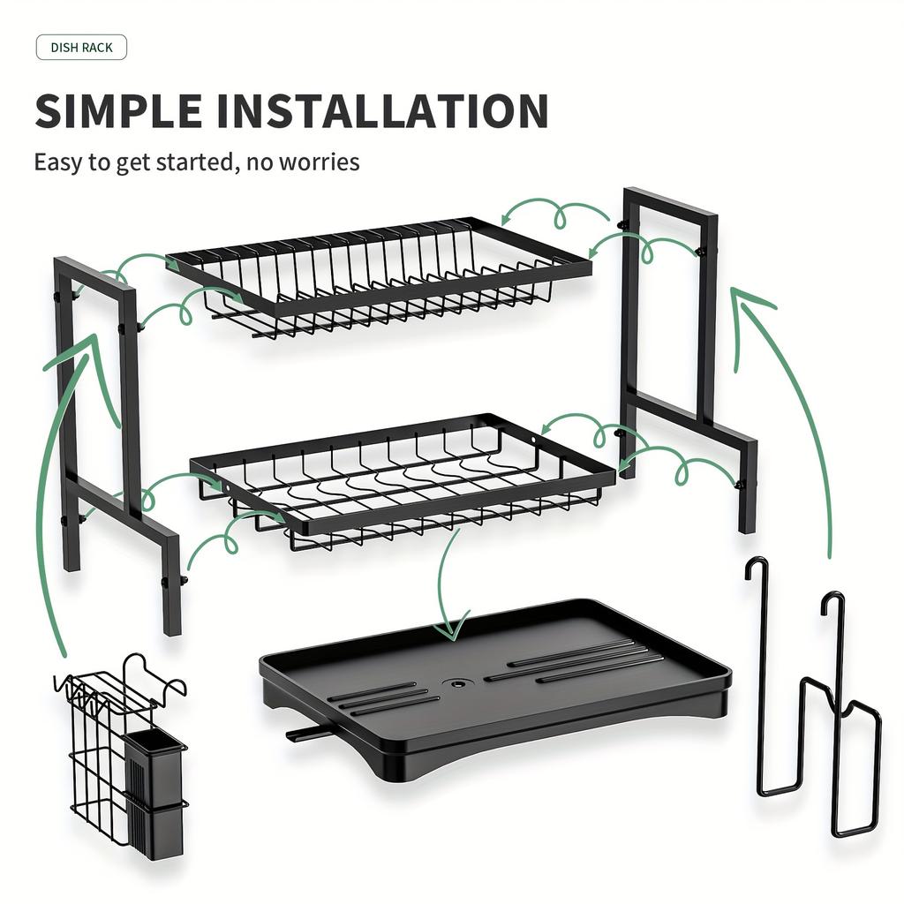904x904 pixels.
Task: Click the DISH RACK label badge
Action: [81, 48]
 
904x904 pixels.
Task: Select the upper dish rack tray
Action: [380, 274]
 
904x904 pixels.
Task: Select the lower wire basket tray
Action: [402, 481]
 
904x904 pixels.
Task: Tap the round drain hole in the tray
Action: [456, 683]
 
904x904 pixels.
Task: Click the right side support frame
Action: [684, 353]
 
